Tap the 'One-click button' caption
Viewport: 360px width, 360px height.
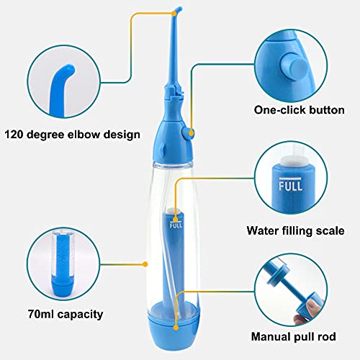point(297,110)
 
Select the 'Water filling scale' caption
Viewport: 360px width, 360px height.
point(295,230)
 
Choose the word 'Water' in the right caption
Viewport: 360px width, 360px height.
point(264,230)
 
